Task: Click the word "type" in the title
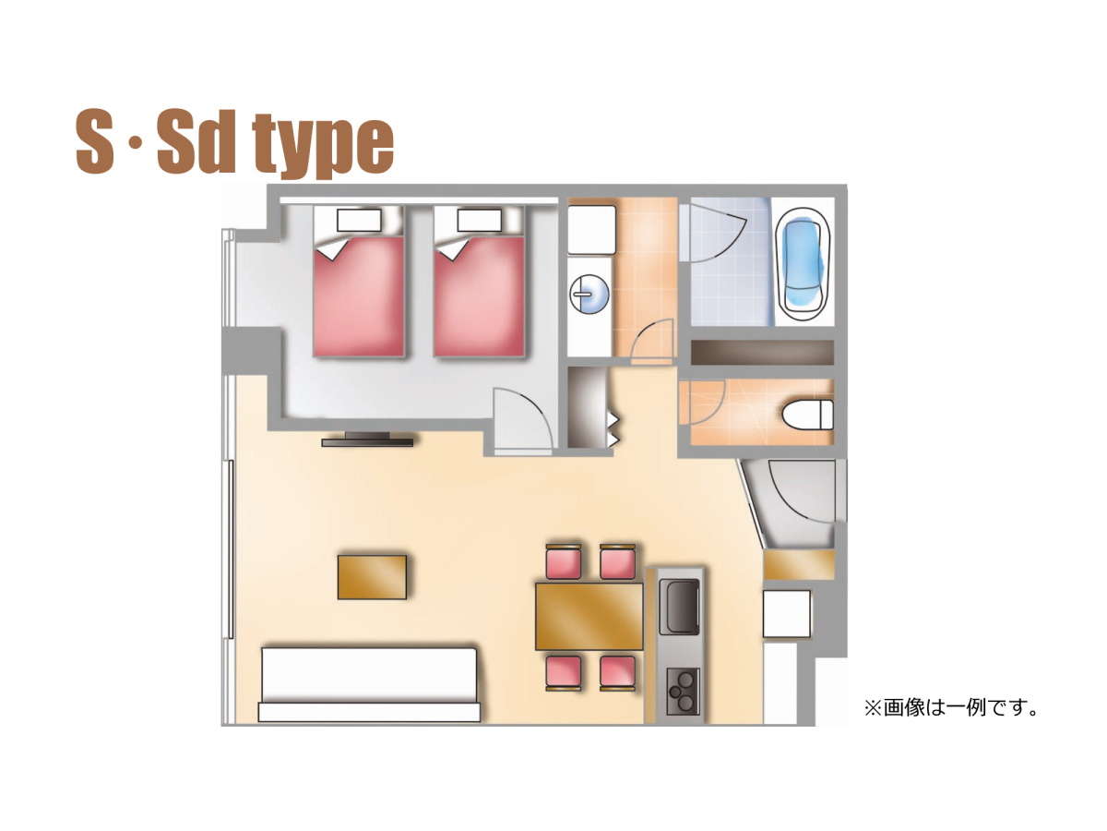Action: pyautogui.click(x=322, y=144)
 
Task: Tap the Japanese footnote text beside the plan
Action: pyautogui.click(x=951, y=708)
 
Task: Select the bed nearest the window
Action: pyautogui.click(x=359, y=282)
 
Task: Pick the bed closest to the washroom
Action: pyautogui.click(x=479, y=282)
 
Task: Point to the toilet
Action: pyautogui.click(x=807, y=415)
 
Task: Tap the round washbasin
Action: pyautogui.click(x=589, y=294)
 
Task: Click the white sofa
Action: pyautogui.click(x=369, y=684)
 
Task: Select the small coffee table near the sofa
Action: pyautogui.click(x=372, y=577)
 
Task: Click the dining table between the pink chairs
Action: pyautogui.click(x=589, y=616)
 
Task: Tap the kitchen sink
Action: pyautogui.click(x=679, y=607)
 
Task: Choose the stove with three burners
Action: pyautogui.click(x=683, y=692)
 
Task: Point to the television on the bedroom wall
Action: pyautogui.click(x=368, y=440)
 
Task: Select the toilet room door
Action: pyautogui.click(x=703, y=403)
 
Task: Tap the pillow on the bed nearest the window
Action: pyautogui.click(x=359, y=221)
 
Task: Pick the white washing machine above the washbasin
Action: pyautogui.click(x=591, y=230)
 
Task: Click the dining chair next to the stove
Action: pyautogui.click(x=617, y=673)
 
